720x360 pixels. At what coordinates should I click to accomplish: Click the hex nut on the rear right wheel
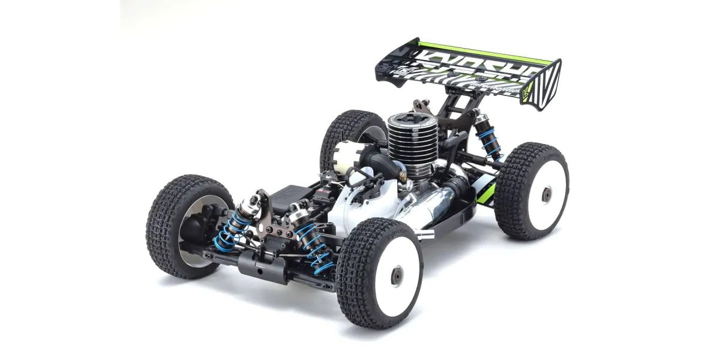pyautogui.click(x=546, y=194)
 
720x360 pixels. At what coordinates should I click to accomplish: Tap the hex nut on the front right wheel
pyautogui.click(x=396, y=275)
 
